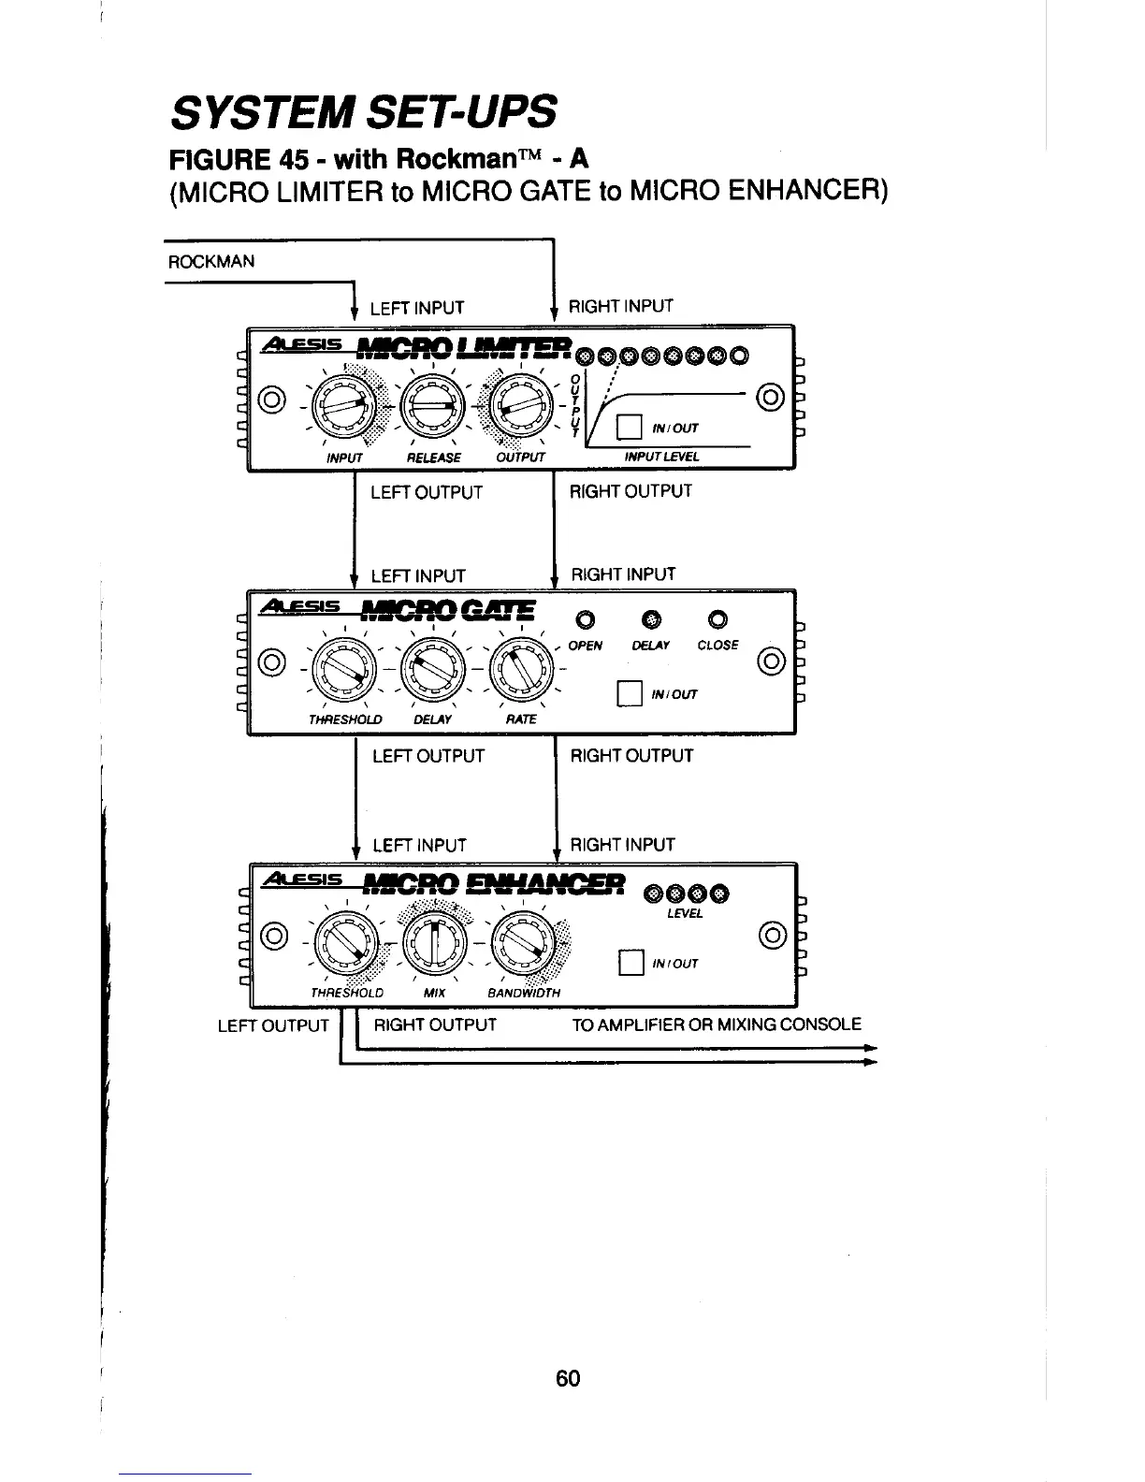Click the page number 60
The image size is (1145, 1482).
pos(568,1378)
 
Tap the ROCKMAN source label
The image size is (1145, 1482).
pos(210,262)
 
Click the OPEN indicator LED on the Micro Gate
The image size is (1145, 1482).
pos(585,618)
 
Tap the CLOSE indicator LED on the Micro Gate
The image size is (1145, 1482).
pos(717,618)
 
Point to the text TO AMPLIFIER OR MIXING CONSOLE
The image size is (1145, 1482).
pos(717,1024)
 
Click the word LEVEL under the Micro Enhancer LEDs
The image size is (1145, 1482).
pos(685,913)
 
